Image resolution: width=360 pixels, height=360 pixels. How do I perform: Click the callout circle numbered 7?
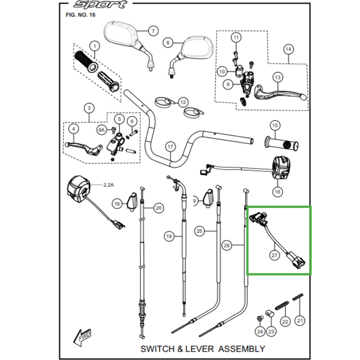coord(153,31)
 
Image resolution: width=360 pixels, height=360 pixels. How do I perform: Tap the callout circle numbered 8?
coord(168,43)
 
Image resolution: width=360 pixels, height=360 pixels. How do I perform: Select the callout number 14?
coord(288,49)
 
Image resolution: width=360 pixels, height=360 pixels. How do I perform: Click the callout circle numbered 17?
coord(170,147)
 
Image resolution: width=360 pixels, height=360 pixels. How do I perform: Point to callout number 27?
coord(274,255)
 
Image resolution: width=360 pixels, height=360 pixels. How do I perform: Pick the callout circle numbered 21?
coord(300,321)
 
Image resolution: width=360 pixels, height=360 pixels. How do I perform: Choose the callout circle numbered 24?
coord(260,332)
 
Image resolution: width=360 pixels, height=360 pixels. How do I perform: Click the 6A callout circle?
coord(102,130)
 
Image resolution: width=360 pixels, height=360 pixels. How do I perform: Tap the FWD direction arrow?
coord(82,337)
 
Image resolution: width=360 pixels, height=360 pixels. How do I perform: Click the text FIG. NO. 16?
coord(81,15)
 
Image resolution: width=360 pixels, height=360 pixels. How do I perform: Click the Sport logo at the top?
coord(100,5)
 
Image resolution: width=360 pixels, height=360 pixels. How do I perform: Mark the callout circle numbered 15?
coord(275,125)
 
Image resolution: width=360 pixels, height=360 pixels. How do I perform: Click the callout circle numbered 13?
coord(278,78)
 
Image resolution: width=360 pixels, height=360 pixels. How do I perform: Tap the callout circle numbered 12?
coord(183,102)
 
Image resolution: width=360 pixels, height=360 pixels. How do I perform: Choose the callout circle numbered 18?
coord(169,236)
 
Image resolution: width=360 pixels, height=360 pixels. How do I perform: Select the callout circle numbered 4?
coord(73,129)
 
